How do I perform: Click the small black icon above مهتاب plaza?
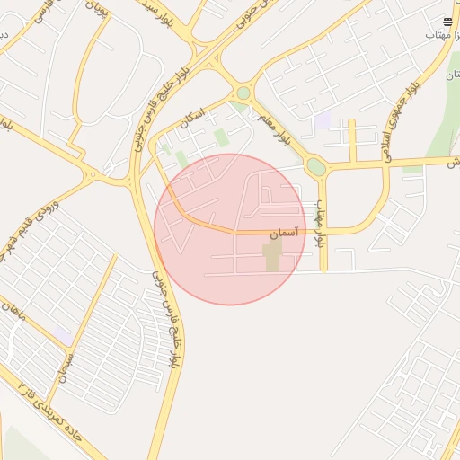(447, 21)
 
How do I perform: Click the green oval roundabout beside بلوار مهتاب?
(315, 166)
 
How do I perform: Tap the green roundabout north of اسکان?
(243, 93)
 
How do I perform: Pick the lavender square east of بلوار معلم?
(322, 120)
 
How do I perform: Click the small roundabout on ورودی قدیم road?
(91, 174)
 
